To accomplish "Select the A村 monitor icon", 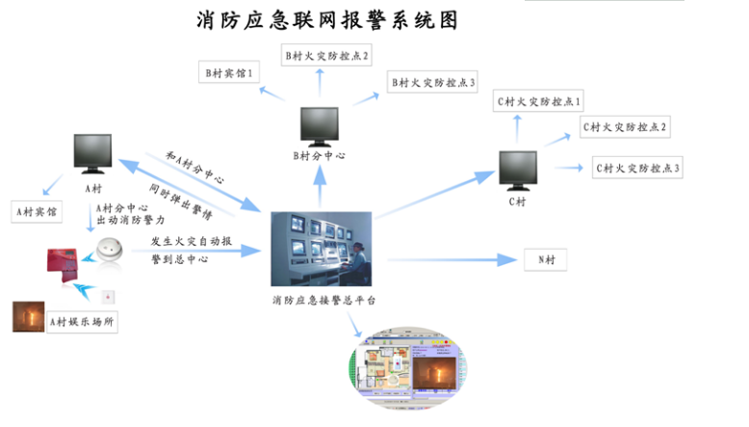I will [x=94, y=153].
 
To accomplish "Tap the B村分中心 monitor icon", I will [x=320, y=124].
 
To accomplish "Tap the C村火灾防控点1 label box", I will [x=539, y=101].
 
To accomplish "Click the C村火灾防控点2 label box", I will [x=625, y=127].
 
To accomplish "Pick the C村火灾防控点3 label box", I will [x=637, y=169].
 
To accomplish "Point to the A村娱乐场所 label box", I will [x=83, y=323].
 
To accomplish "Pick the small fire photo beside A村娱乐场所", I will [x=28, y=317].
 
